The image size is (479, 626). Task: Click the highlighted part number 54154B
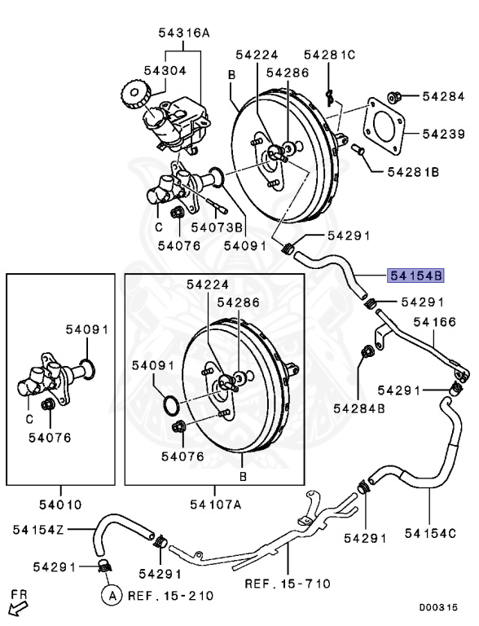click(415, 275)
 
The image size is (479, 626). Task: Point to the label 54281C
click(329, 55)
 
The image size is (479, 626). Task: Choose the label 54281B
click(413, 172)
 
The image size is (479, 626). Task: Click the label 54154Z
click(37, 530)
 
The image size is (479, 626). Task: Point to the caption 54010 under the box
click(60, 505)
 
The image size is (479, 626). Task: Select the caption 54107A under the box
click(215, 505)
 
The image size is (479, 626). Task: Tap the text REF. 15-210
click(169, 596)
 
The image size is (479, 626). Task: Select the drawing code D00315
click(444, 608)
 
